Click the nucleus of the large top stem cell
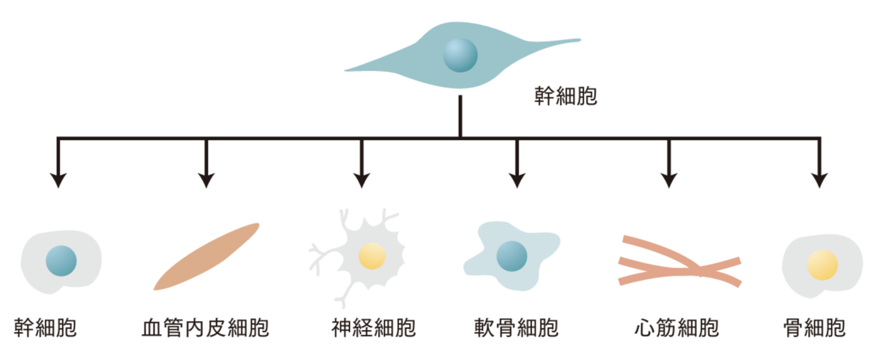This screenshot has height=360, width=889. (460, 56)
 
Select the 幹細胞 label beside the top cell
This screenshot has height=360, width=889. (565, 96)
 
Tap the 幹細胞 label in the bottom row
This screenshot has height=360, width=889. (45, 328)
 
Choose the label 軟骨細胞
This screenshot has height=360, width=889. (516, 328)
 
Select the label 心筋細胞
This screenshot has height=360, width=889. (676, 328)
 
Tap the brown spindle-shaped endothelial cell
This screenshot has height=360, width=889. (206, 256)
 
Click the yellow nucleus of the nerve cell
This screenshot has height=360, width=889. (372, 256)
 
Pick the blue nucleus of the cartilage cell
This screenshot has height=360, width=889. (512, 255)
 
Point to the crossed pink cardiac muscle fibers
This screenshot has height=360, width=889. (679, 261)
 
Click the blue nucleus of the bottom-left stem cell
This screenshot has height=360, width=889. (60, 261)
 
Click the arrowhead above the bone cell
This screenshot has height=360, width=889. (818, 180)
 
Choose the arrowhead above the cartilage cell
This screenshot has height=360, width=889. (516, 180)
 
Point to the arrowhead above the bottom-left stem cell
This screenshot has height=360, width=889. (59, 180)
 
